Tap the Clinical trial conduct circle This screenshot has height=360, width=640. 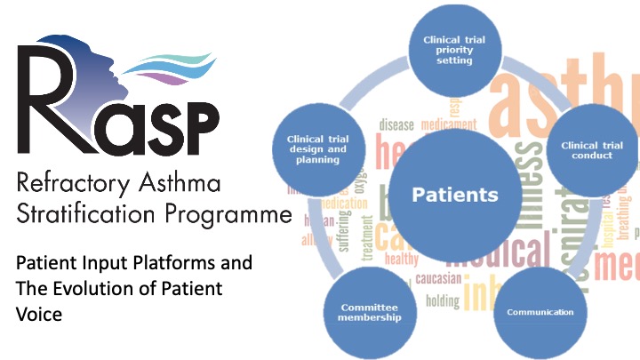pos(591,149)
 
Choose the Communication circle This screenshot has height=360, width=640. pos(540,312)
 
